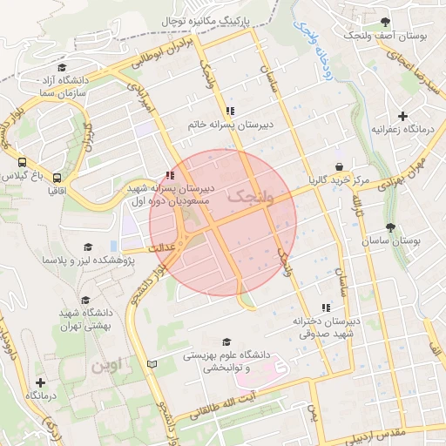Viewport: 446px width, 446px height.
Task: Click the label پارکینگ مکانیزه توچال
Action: point(206,18)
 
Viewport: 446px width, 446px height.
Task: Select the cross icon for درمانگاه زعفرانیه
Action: point(402,116)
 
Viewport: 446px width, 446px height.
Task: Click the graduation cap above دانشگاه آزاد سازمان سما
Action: point(61,68)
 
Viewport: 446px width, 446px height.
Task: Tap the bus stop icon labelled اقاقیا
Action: point(57,175)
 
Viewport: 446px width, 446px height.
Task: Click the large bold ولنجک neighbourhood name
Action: point(250,199)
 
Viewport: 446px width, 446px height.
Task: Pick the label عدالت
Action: point(165,247)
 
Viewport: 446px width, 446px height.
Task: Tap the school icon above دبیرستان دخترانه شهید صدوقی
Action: point(326,307)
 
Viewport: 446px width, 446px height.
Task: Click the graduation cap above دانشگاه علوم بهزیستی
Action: point(227,342)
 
